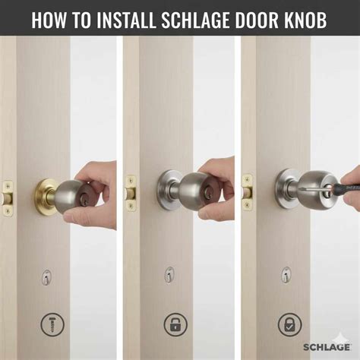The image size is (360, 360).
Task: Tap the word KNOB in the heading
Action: (x=302, y=20)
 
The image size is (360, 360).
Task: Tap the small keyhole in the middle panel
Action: (x=168, y=275)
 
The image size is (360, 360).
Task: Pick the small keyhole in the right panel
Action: (x=286, y=275)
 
